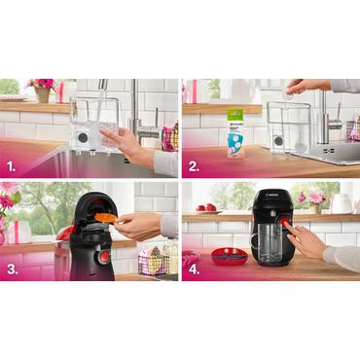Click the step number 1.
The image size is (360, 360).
tap(14, 165)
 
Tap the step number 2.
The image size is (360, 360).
tap(195, 165)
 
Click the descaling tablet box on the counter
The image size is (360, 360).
tap(234, 133)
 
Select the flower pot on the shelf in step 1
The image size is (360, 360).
tap(42, 93)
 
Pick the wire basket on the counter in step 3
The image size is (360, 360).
tap(152, 263)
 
